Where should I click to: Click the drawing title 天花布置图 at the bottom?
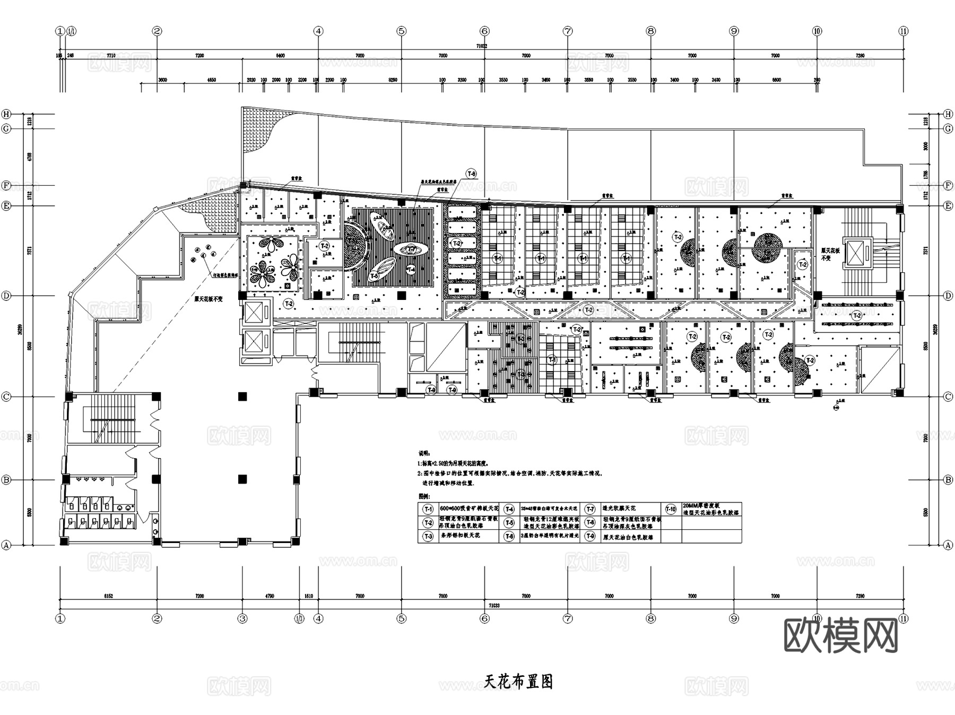click(518, 682)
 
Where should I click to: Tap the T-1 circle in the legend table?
click(428, 509)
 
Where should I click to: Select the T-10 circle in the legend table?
click(671, 509)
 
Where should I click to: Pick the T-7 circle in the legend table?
click(590, 509)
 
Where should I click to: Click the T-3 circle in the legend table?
click(428, 537)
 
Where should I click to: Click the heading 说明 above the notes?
click(424, 453)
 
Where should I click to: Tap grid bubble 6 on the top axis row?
click(484, 31)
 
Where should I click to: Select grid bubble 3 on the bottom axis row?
click(242, 618)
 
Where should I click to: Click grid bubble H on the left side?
click(6, 114)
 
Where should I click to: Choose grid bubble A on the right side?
click(949, 545)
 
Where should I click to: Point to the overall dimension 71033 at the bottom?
click(494, 605)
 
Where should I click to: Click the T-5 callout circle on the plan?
click(374, 277)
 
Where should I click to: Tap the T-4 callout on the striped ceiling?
click(410, 270)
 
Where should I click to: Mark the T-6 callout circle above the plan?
click(471, 174)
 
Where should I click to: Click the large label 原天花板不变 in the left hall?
click(209, 299)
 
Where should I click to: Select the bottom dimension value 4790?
click(270, 596)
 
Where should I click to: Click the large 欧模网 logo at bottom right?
click(840, 635)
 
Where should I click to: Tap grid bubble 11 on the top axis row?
click(904, 31)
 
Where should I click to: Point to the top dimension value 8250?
click(393, 80)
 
